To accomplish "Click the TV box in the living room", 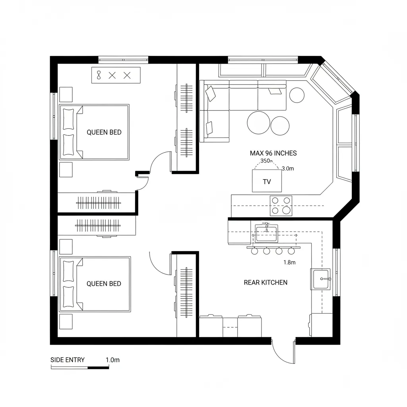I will [x=267, y=181].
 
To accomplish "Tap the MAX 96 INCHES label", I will [x=273, y=153].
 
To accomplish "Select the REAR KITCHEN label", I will [x=265, y=283].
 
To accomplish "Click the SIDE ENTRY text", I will [x=68, y=360].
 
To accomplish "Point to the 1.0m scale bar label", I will [x=112, y=360].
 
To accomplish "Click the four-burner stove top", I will [x=281, y=205].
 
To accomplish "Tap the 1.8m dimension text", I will [x=289, y=262].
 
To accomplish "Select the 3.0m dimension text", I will [x=287, y=169].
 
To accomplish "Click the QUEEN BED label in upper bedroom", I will [x=104, y=132].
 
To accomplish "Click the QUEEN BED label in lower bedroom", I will [x=104, y=284].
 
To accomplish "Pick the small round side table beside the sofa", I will [x=297, y=95].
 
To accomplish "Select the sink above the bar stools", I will [x=266, y=233].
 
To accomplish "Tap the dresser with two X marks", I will [x=116, y=75].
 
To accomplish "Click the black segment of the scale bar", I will [x=98, y=367].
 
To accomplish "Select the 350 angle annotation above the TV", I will [x=266, y=161].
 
